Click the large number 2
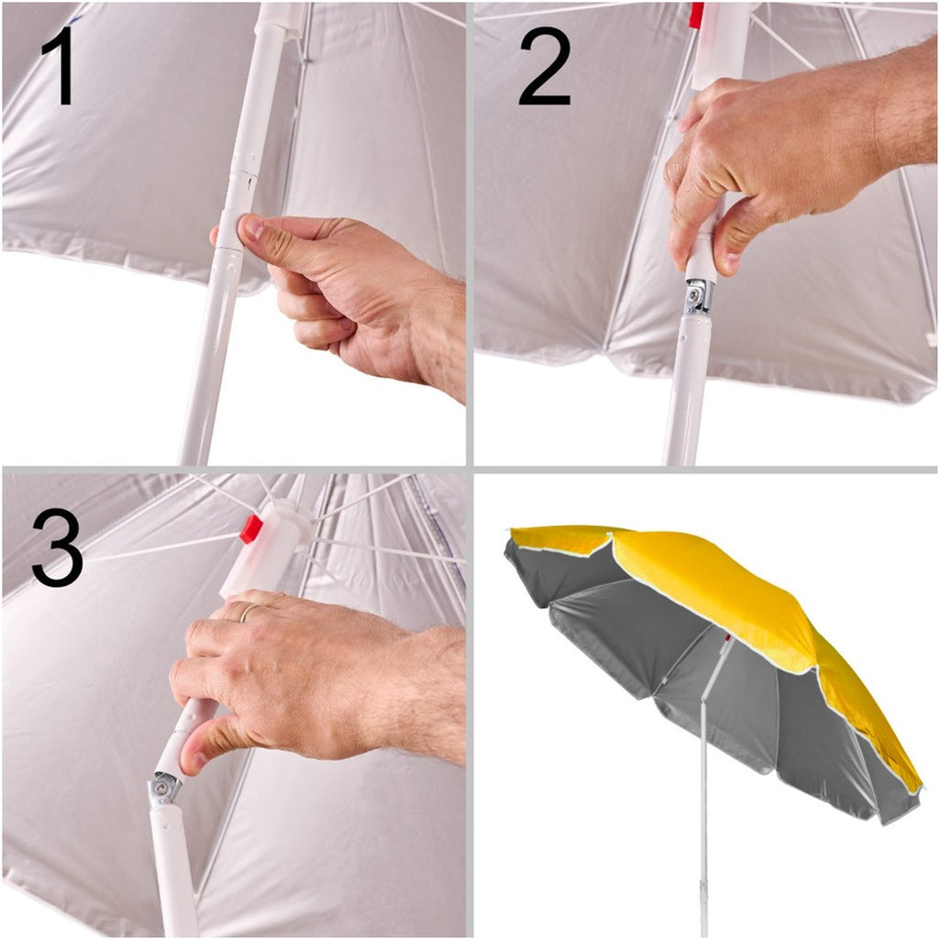[x=545, y=66]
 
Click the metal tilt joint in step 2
[x=698, y=297]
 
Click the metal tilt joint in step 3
[x=163, y=788]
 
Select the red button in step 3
[x=251, y=529]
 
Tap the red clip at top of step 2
[x=696, y=15]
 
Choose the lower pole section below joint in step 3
[x=173, y=868]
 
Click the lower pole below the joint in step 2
[x=689, y=389]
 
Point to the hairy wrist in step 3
[x=419, y=695]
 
